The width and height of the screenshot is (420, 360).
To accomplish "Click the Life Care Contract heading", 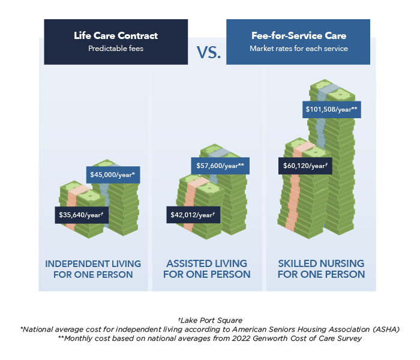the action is [116, 35].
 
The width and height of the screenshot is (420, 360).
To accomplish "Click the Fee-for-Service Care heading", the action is [299, 35].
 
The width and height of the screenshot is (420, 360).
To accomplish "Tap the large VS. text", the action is [209, 53].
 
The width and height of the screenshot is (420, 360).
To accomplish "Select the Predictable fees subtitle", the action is [116, 49].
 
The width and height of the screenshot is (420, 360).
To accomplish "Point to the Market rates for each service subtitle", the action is [299, 49].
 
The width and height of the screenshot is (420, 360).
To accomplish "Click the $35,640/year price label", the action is [82, 215].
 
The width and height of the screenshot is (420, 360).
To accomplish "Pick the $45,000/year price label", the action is [113, 175].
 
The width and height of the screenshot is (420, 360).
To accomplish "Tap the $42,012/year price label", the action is [193, 215].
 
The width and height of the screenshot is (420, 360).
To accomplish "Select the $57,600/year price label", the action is [220, 166].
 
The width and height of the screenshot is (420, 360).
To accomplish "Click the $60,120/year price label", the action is [305, 166].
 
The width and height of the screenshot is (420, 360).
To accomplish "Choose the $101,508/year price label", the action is [332, 110].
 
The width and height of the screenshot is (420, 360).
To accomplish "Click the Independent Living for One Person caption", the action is [93, 269].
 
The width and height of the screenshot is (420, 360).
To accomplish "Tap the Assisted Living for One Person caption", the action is [207, 269].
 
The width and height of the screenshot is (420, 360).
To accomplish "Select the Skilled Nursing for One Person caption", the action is [321, 269].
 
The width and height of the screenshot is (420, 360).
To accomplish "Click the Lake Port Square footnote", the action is [210, 320].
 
